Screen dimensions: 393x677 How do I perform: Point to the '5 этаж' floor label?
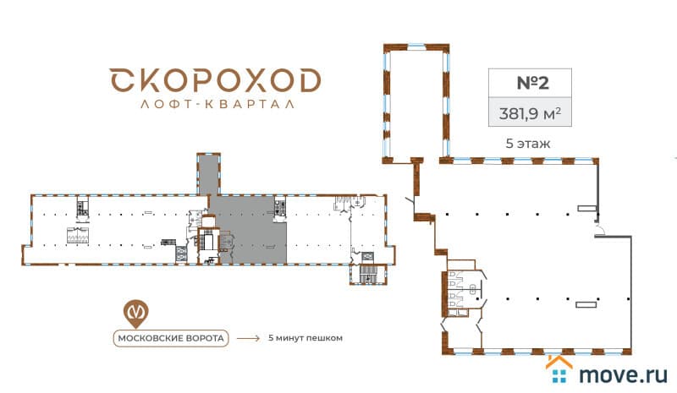pos(528,143)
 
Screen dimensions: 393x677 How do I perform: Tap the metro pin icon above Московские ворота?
pos(135,313)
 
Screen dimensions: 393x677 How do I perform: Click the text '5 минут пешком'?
pos(305,338)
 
